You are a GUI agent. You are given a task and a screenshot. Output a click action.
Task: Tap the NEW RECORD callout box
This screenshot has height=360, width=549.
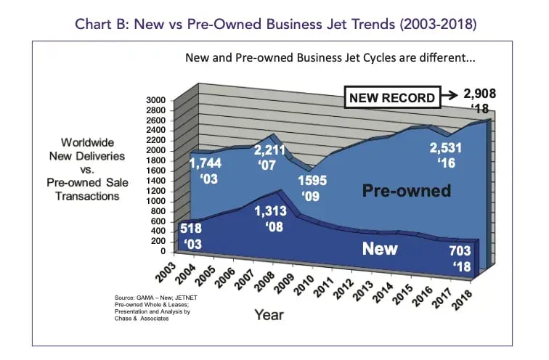(391, 97)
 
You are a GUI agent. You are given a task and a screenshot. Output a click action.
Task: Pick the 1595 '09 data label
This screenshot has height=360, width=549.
(312, 189)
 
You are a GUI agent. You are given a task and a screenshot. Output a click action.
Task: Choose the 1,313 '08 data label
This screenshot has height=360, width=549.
(273, 221)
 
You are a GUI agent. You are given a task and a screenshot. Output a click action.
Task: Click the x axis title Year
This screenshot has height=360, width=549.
(269, 314)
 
